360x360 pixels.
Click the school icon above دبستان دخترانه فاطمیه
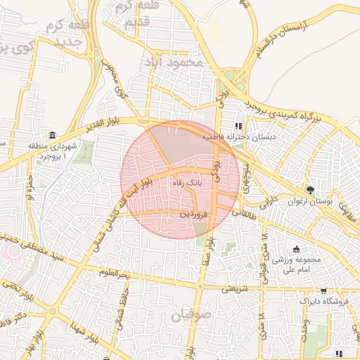[229, 126]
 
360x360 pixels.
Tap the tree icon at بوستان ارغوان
[310, 189]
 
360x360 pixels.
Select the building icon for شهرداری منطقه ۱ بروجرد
[53, 135]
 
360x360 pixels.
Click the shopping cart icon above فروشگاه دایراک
[323, 290]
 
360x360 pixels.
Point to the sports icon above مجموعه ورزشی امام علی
[296, 249]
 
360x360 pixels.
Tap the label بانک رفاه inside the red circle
[186, 182]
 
